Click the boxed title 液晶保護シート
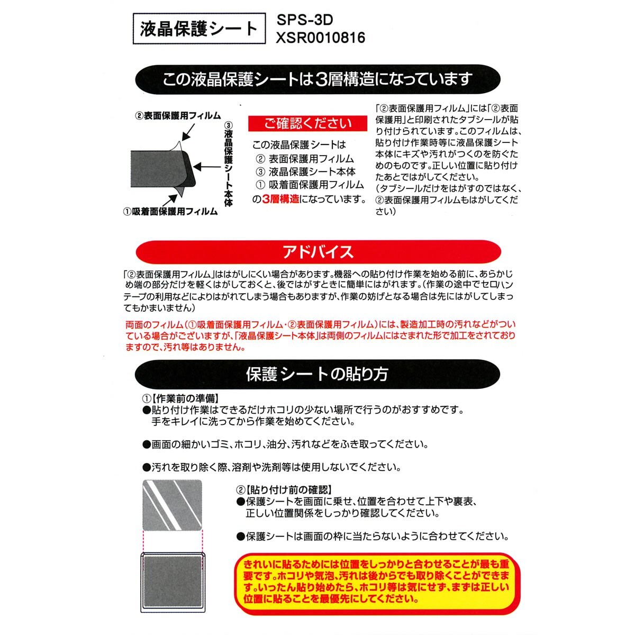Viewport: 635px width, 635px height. pyautogui.click(x=198, y=29)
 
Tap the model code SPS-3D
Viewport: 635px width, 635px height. pyautogui.click(x=305, y=20)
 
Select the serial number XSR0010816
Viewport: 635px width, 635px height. pyautogui.click(x=320, y=38)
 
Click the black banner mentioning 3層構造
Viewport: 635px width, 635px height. pyautogui.click(x=317, y=79)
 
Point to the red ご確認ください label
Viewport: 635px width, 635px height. pyautogui.click(x=307, y=123)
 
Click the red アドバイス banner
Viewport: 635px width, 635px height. pyautogui.click(x=317, y=252)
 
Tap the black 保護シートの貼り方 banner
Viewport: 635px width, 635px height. pyautogui.click(x=317, y=374)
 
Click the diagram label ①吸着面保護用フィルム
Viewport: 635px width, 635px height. pyautogui.click(x=170, y=212)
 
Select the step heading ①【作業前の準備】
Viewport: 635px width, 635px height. pyautogui.click(x=180, y=398)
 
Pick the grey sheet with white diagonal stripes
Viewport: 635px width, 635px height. pyautogui.click(x=173, y=505)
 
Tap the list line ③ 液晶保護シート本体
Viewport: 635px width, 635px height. pyautogui.click(x=305, y=172)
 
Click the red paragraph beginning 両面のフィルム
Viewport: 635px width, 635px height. pyautogui.click(x=320, y=335)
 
